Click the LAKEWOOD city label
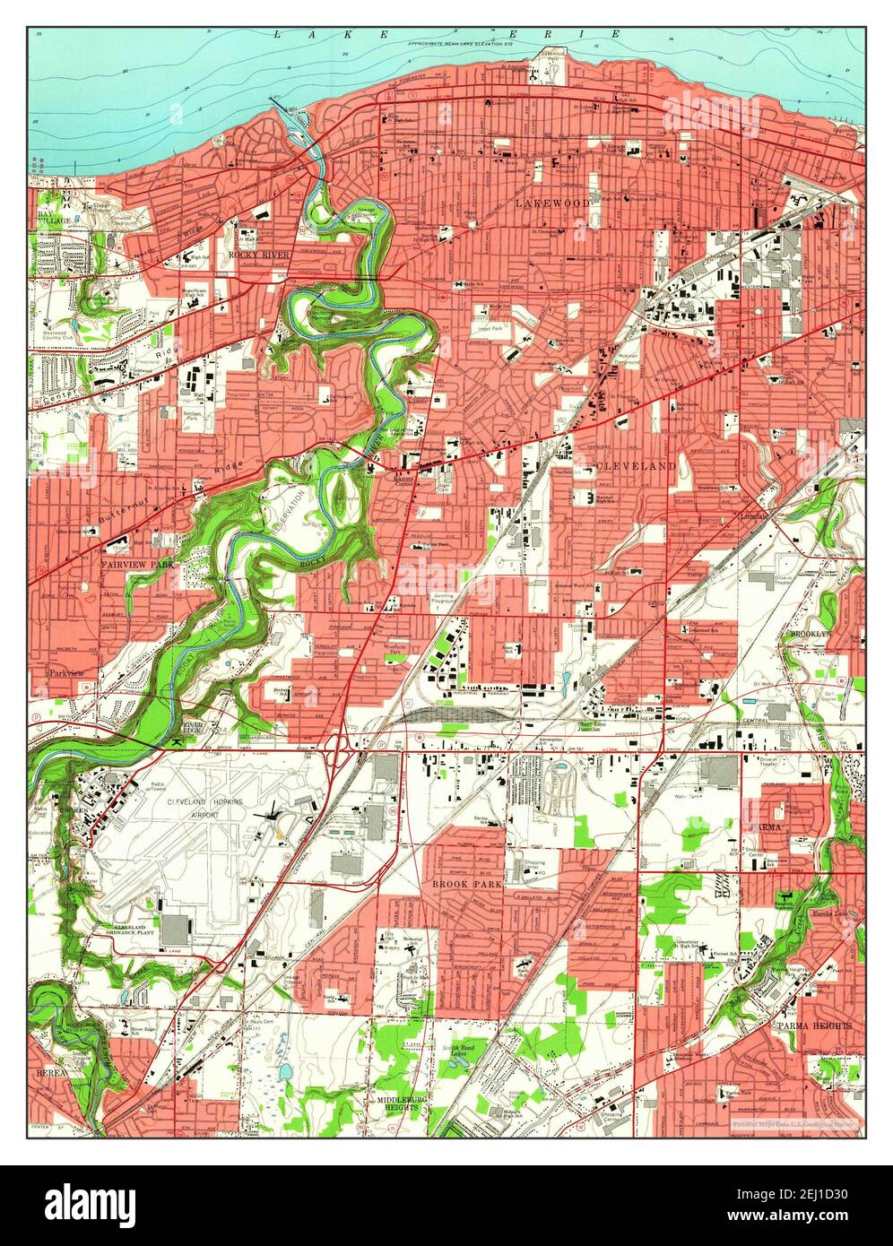pyautogui.click(x=553, y=204)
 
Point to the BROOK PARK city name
pyautogui.click(x=466, y=883)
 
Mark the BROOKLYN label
pyautogui.click(x=811, y=634)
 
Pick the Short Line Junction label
pyautogui.click(x=600, y=727)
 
